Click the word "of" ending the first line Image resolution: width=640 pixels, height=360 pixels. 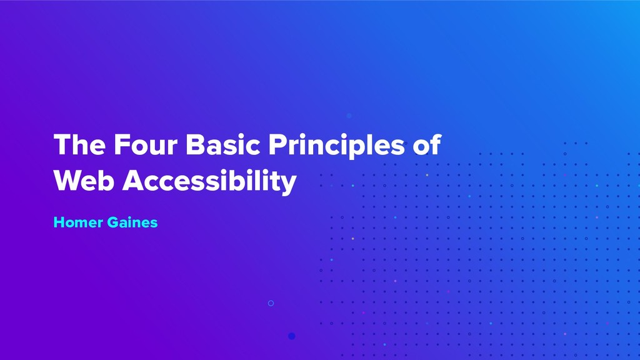pyautogui.click(x=427, y=146)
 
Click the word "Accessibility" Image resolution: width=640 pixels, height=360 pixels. pyautogui.click(x=209, y=182)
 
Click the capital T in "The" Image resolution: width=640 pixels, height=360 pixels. pyautogui.click(x=61, y=145)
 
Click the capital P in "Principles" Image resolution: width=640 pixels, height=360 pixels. pyautogui.click(x=276, y=145)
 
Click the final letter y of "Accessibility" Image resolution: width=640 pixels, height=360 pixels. pyautogui.click(x=289, y=184)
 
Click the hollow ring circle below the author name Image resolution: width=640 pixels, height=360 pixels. pyautogui.click(x=271, y=303)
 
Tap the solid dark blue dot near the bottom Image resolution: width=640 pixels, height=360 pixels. pyautogui.click(x=291, y=336)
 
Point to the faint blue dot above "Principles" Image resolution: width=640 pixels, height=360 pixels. pyautogui.click(x=349, y=116)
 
